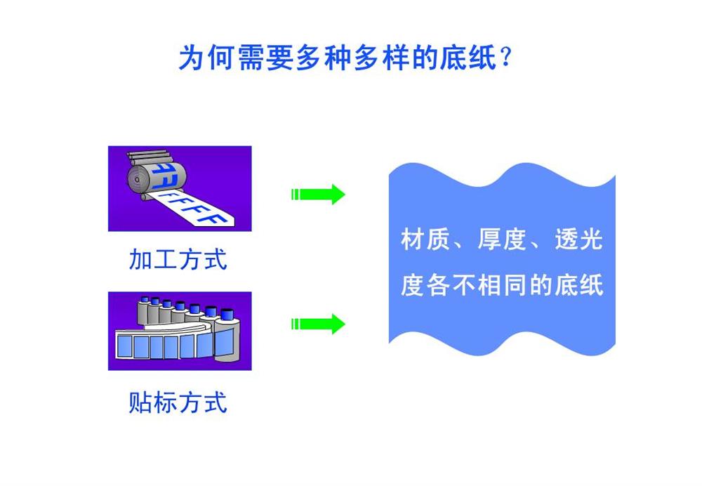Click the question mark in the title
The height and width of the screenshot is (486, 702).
[x=506, y=56]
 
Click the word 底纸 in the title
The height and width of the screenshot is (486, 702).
[x=468, y=58]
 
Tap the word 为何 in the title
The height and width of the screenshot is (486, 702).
[x=206, y=58]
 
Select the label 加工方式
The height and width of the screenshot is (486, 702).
[x=178, y=259]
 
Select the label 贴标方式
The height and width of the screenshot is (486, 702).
[x=178, y=402]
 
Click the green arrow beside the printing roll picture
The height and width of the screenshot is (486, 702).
[x=318, y=195]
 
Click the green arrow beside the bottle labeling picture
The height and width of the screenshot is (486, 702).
[x=318, y=324]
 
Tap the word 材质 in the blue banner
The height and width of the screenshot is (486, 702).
[x=425, y=239]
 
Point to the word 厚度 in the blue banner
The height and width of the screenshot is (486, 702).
[x=502, y=239]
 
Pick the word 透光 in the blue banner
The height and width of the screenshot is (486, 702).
[x=579, y=239]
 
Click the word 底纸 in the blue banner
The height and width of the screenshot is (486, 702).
[x=579, y=285]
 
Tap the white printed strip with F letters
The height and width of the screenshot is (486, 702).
[x=192, y=209]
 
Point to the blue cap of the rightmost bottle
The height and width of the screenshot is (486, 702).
[x=227, y=314]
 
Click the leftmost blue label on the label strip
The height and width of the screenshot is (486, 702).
[x=124, y=347]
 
